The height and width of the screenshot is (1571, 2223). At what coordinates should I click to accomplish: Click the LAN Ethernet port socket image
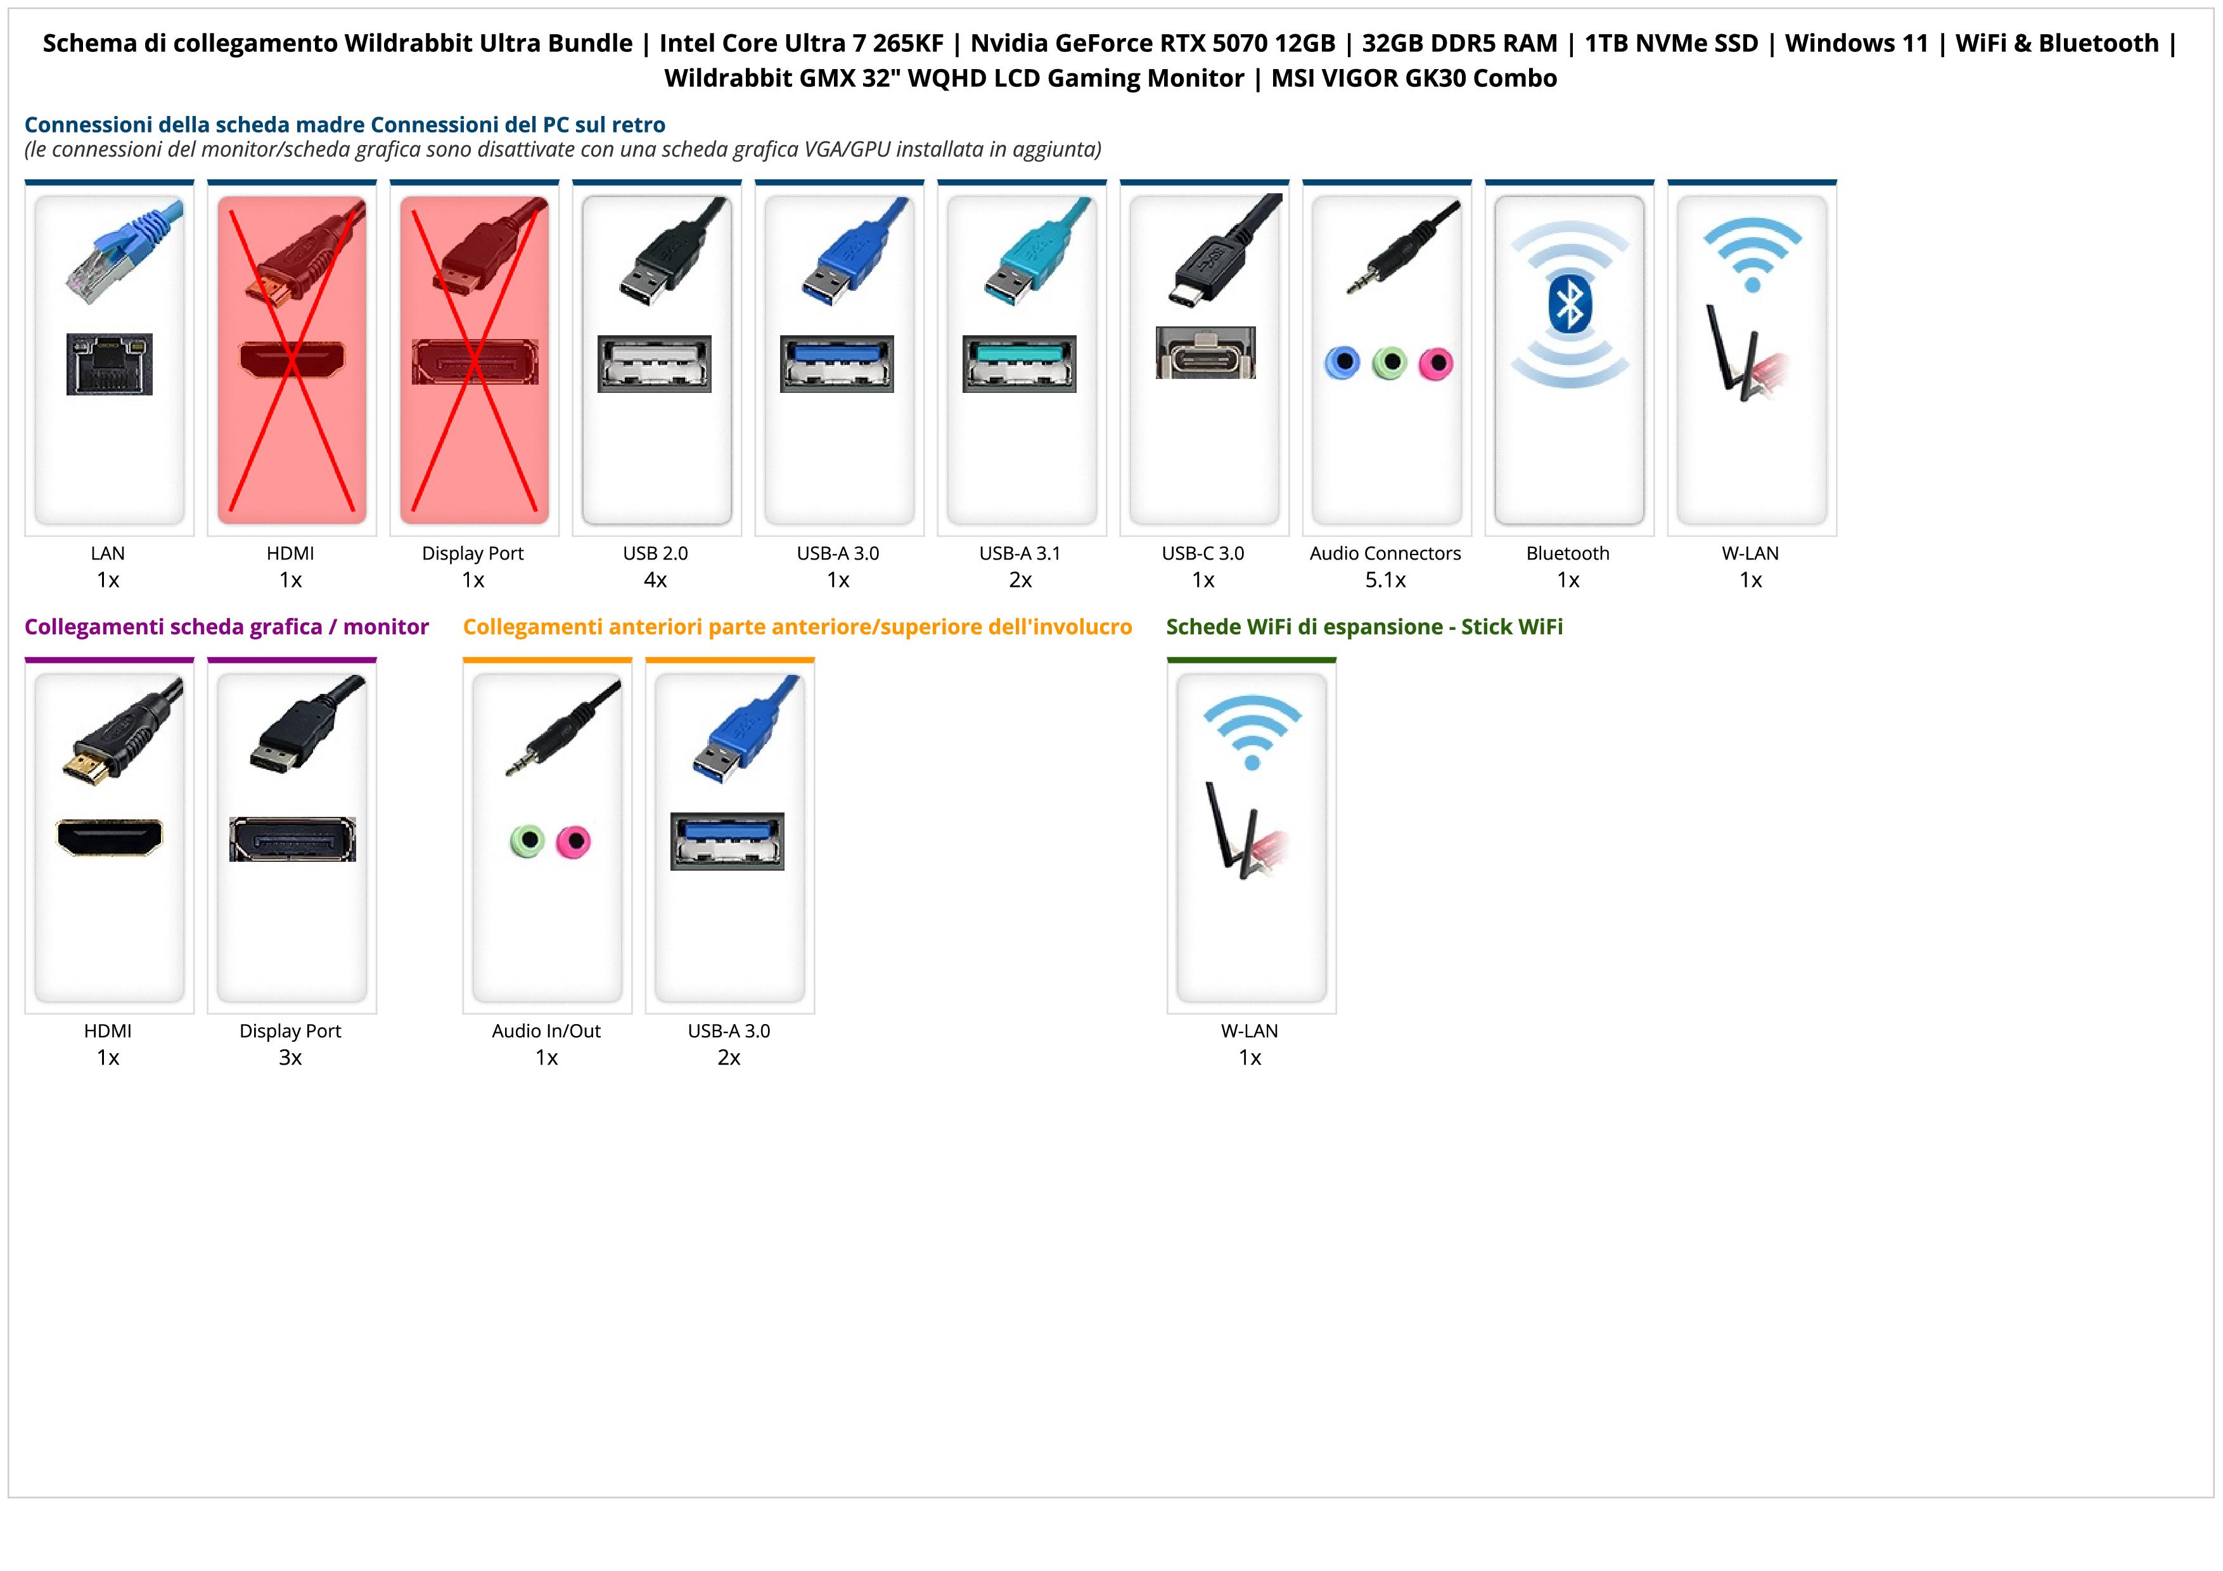point(110,364)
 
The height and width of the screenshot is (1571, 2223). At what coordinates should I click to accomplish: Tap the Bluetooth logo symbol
point(1568,306)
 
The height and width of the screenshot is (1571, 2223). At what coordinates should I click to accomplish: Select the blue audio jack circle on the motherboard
point(1342,363)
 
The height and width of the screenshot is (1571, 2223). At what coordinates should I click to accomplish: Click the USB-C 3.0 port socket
point(1205,352)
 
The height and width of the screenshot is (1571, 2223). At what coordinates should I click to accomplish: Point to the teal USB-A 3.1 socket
point(1020,364)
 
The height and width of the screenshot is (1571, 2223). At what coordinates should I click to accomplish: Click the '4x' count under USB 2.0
point(655,580)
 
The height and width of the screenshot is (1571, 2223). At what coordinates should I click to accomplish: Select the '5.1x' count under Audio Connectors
point(1385,580)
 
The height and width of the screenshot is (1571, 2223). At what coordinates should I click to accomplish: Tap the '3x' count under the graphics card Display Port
point(290,1057)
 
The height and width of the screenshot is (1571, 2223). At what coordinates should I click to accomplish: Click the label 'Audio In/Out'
point(546,1031)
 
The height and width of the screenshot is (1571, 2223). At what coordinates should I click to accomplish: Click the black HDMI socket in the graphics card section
point(110,837)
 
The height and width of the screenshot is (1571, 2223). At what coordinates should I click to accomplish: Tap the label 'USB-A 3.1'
point(1020,554)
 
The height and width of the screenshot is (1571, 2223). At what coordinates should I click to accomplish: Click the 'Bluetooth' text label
point(1568,554)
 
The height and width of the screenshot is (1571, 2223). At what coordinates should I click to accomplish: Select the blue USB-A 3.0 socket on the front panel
point(727,841)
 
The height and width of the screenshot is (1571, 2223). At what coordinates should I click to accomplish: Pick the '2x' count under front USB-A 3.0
point(729,1057)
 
